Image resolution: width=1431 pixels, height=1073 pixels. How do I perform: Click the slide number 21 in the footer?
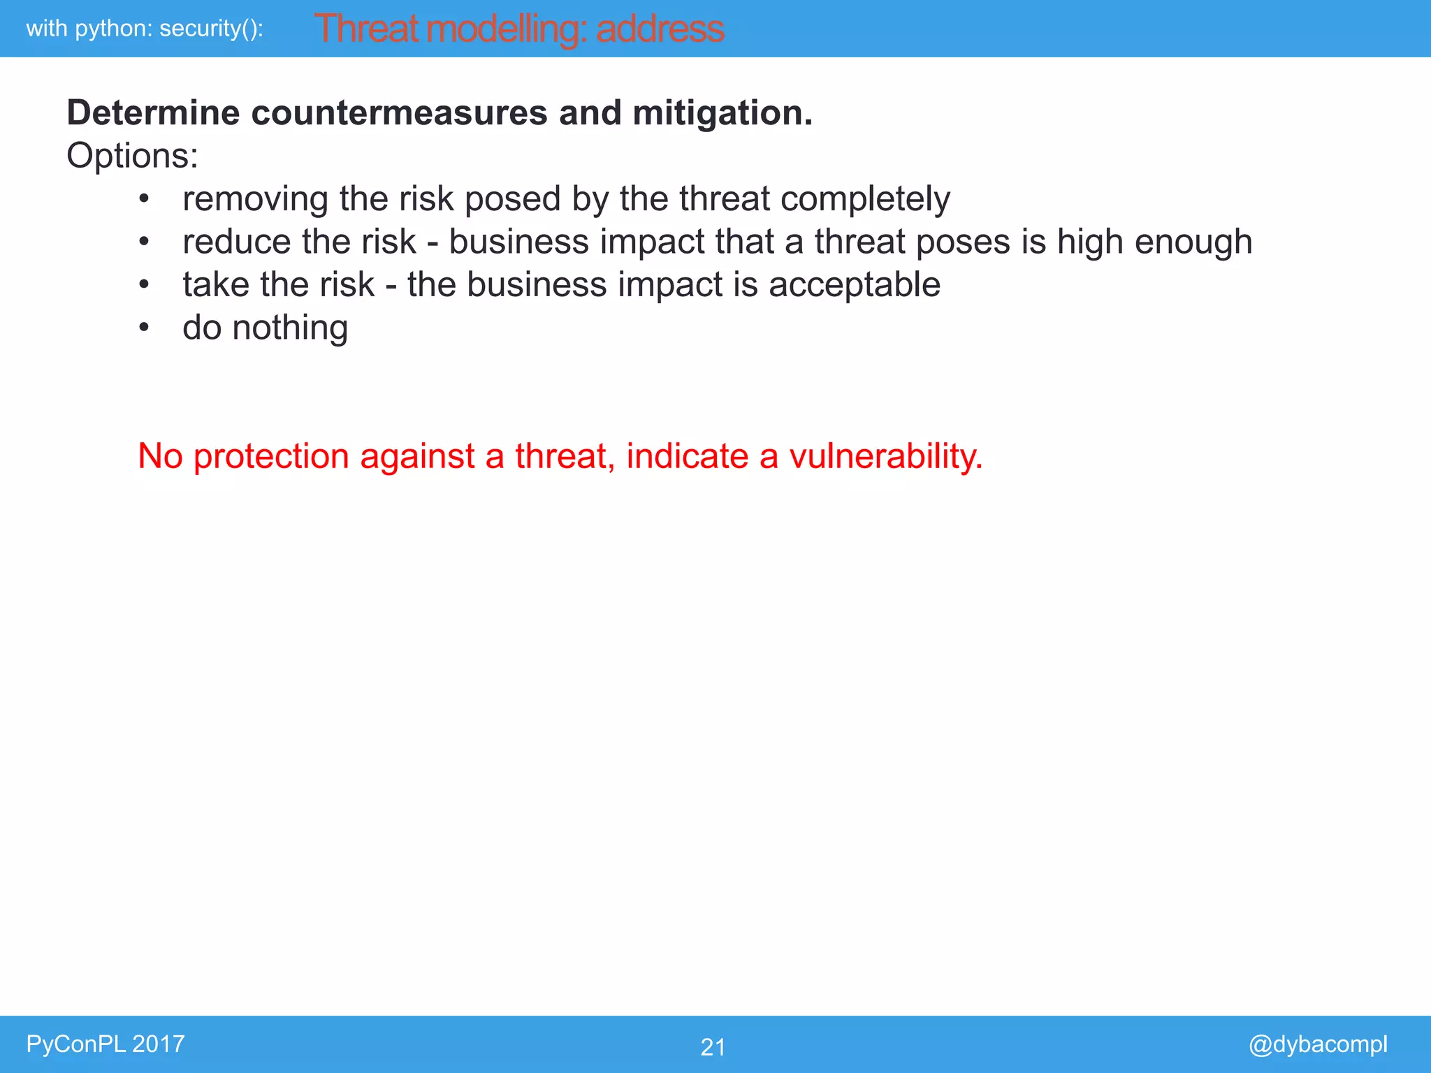coord(713,1046)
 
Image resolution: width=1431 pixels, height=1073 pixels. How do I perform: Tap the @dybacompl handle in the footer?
coord(1318,1044)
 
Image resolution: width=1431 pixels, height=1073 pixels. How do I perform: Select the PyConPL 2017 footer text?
coord(106,1044)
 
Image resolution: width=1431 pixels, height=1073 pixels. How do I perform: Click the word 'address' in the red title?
coord(660,29)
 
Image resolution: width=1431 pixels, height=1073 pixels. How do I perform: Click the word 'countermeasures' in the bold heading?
coord(399,113)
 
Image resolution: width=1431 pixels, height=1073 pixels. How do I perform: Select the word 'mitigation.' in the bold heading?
coord(722,113)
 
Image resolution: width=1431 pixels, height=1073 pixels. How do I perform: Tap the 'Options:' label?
coord(132,155)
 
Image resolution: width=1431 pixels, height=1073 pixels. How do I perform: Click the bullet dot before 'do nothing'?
coord(144,327)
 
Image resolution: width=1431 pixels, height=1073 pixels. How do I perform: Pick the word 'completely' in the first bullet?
coord(865,199)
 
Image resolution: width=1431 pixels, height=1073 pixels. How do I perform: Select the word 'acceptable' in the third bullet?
coord(855,285)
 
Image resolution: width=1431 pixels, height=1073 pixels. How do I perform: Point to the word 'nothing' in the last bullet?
coord(290,328)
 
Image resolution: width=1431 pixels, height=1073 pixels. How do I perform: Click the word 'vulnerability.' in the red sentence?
coord(886,456)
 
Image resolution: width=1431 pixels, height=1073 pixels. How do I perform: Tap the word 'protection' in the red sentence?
coord(271,456)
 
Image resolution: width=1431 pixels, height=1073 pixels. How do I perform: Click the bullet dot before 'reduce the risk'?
coord(144,242)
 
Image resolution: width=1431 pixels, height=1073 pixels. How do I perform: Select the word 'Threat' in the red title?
coord(365,29)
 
